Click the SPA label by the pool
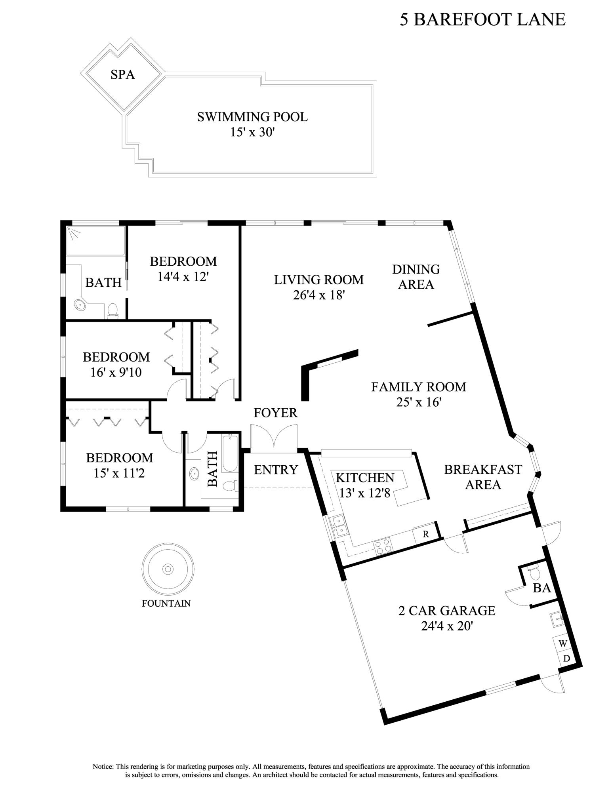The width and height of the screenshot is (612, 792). click(122, 74)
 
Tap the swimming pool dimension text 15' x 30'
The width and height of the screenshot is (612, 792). click(252, 132)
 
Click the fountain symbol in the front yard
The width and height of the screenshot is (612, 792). click(168, 569)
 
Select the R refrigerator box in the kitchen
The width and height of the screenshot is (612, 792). click(425, 534)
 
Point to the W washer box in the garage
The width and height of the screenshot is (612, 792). click(562, 643)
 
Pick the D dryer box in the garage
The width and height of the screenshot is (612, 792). click(566, 659)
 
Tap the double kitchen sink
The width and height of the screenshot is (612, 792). click(339, 526)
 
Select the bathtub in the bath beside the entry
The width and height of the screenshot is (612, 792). click(229, 453)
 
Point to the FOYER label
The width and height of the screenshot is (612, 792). click(275, 413)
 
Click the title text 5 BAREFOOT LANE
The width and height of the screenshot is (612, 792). click(482, 19)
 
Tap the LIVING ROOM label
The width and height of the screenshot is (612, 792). click(318, 280)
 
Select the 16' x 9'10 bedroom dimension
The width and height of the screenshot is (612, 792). click(116, 372)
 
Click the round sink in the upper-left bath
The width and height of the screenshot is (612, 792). click(80, 305)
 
